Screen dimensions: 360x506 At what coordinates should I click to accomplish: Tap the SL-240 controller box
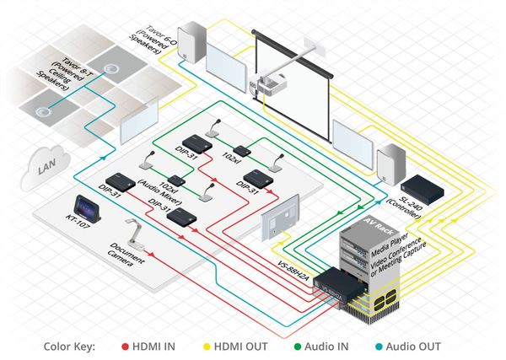pos(419,187)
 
